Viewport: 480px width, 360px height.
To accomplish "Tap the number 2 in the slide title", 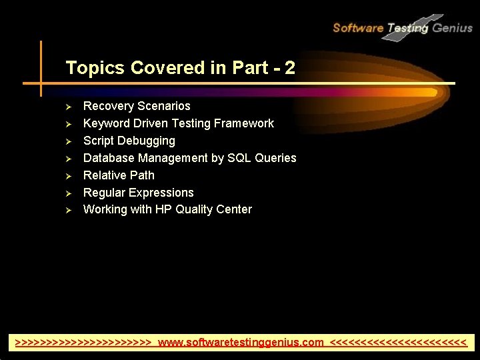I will [289, 68].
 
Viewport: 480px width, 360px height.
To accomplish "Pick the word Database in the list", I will [109, 158].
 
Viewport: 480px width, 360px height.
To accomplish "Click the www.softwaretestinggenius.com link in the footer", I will [241, 343].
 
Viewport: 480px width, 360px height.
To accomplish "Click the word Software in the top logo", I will [358, 28].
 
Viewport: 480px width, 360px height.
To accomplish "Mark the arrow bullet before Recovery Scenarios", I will [67, 107].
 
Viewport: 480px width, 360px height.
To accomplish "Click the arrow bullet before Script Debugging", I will [67, 142].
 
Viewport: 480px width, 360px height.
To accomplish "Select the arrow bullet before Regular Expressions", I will [67, 193].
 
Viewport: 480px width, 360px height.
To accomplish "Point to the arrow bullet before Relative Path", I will [67, 177].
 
